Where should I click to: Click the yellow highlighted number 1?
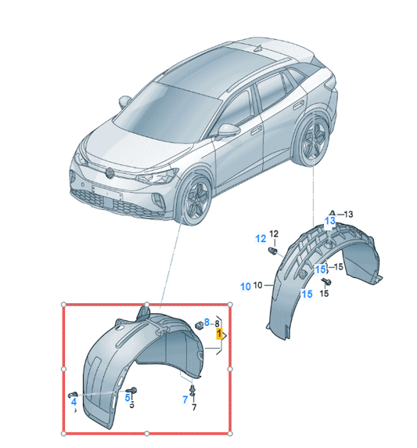click(x=220, y=334)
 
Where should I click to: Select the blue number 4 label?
click(x=73, y=401)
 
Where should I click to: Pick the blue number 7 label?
click(x=185, y=399)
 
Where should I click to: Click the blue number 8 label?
click(x=207, y=322)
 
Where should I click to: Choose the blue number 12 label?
click(x=259, y=238)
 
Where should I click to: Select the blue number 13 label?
click(x=331, y=222)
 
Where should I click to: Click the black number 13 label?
click(x=349, y=214)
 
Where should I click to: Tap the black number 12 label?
click(x=274, y=233)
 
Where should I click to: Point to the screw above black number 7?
click(x=193, y=387)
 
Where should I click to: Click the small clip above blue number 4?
click(x=72, y=391)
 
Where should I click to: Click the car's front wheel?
click(x=193, y=201)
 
